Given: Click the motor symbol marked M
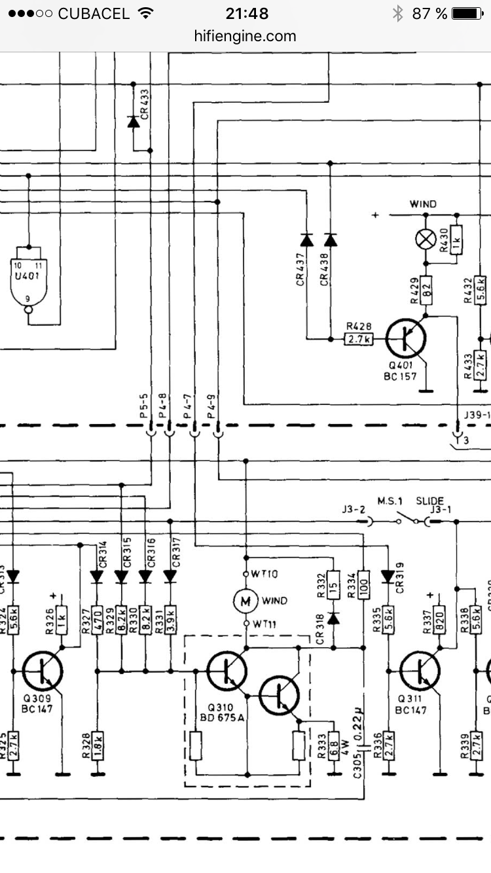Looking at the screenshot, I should (x=245, y=600).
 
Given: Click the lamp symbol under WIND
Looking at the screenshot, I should (x=426, y=240).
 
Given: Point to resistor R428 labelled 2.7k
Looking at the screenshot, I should (x=359, y=339).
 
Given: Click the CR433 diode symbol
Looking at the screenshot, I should (x=134, y=122).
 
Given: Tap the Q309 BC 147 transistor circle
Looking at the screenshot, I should (x=43, y=671).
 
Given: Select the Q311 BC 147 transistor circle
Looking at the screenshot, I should (x=420, y=671).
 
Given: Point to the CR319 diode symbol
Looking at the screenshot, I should (x=388, y=577).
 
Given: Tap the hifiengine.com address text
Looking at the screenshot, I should (x=245, y=36).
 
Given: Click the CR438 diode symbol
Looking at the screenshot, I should (x=330, y=241).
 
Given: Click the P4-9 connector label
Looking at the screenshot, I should (x=210, y=406).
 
